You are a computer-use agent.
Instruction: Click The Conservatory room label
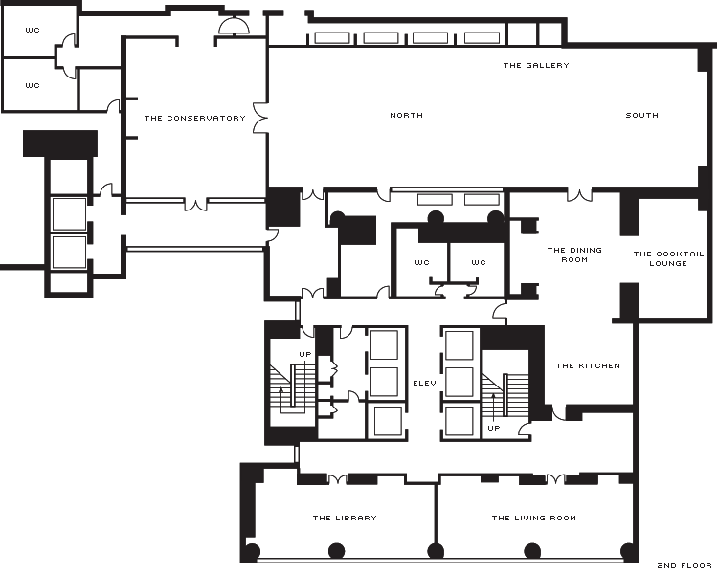[195, 118]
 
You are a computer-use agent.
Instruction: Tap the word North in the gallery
[406, 116]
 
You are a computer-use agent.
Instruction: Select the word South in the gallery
[642, 116]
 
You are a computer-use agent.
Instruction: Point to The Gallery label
[536, 65]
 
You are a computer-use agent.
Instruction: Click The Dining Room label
[574, 255]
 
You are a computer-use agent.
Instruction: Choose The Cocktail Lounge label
[668, 258]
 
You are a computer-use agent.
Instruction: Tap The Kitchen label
[588, 365]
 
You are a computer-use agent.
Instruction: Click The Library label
[345, 519]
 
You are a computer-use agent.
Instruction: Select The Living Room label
[534, 519]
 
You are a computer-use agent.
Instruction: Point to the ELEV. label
[426, 383]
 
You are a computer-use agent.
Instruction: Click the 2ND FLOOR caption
[684, 565]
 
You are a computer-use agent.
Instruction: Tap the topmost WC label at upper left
[33, 31]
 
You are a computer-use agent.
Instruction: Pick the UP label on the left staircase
[305, 354]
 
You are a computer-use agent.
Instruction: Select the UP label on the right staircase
[494, 428]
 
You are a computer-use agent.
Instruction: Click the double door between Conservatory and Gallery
[260, 118]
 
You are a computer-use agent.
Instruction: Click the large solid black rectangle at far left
[60, 143]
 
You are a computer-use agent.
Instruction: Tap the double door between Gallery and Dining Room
[579, 195]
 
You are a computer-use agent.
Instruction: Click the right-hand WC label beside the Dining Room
[479, 263]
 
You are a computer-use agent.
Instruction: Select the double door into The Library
[338, 479]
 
